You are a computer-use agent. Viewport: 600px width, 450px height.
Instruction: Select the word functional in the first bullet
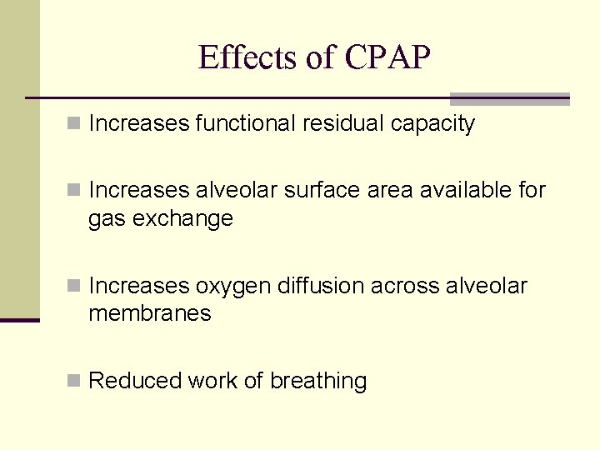click(x=244, y=124)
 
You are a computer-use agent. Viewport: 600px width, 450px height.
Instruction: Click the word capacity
click(x=433, y=124)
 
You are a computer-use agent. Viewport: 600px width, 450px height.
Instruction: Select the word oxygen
click(x=233, y=286)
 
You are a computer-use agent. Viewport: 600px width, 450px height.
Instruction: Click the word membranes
click(x=150, y=313)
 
